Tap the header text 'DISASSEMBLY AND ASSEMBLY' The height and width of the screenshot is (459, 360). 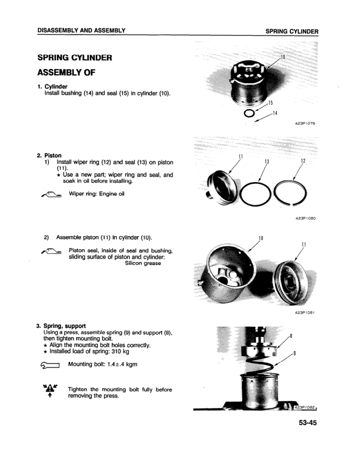pyautogui.click(x=82, y=30)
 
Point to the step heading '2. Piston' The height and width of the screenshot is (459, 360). pyautogui.click(x=49, y=155)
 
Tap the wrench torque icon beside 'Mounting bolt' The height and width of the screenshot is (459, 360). pyautogui.click(x=47, y=365)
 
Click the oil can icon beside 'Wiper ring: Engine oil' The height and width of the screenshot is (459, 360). pyautogui.click(x=48, y=195)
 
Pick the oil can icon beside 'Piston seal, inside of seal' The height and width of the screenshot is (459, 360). pyautogui.click(x=48, y=251)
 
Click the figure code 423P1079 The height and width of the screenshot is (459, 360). pyautogui.click(x=307, y=123)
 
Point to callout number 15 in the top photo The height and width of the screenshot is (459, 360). pyautogui.click(x=270, y=103)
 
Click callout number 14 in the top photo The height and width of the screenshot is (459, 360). pyautogui.click(x=275, y=113)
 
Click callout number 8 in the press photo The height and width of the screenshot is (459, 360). pyautogui.click(x=292, y=335)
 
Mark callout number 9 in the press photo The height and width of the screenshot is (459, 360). pyautogui.click(x=295, y=353)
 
